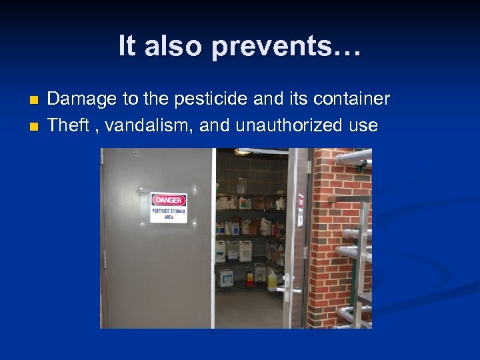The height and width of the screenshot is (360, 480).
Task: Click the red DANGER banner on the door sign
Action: [x=169, y=199]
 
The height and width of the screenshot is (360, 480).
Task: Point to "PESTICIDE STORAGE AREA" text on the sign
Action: [x=169, y=213]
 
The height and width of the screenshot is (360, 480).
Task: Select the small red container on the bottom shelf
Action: [x=250, y=278]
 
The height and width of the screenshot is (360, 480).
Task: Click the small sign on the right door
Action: [x=301, y=201]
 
